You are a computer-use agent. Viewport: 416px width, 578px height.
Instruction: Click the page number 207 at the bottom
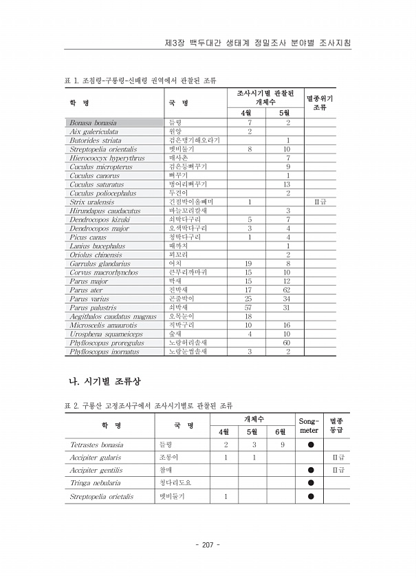coord(208,544)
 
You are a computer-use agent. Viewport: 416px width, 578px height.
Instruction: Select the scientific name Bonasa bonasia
coord(93,122)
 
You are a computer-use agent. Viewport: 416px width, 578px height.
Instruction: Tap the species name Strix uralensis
coord(95,202)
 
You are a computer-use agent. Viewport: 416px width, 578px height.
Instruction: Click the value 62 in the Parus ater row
coord(287,290)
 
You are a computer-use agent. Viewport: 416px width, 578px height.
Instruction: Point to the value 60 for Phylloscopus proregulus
coord(287,343)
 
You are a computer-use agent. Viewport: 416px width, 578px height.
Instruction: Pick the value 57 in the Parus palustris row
coord(248,308)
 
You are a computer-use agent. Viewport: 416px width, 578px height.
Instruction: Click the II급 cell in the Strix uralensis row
coord(320,202)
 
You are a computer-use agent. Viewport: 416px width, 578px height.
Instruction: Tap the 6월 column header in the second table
coord(280,431)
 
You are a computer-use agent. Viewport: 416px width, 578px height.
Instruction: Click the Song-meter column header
coord(309,425)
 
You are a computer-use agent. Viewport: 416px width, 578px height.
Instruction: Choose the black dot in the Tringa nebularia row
coord(310,483)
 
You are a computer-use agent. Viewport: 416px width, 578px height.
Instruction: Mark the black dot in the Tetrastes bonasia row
coord(310,445)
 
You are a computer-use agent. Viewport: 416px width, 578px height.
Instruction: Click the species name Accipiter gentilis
coord(96,470)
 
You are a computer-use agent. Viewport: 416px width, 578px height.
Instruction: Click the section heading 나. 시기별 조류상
coord(107,381)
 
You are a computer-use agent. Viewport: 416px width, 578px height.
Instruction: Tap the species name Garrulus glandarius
coord(100,264)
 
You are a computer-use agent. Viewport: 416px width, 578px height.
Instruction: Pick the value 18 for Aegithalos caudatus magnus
coord(248,317)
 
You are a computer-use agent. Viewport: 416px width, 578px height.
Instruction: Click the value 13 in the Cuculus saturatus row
coord(287,184)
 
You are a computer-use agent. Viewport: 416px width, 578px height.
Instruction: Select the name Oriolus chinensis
coord(96,255)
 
